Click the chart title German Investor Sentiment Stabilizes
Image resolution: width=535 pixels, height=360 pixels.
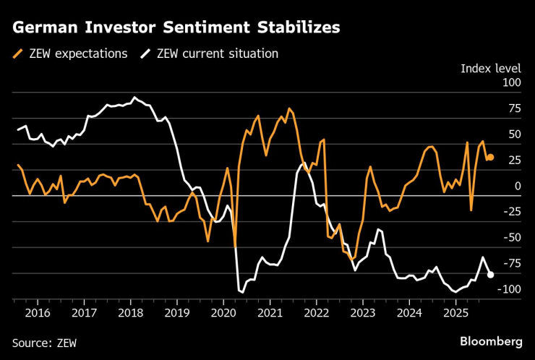tap(176, 27)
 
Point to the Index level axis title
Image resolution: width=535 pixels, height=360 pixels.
tap(491, 69)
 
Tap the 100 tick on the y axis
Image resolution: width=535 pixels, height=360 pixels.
tap(511, 83)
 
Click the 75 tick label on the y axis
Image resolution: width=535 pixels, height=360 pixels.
tap(513, 109)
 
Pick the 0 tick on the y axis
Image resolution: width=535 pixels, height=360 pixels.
tap(517, 187)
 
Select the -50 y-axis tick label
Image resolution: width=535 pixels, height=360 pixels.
tap(511, 238)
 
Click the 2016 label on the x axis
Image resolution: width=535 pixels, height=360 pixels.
tap(38, 313)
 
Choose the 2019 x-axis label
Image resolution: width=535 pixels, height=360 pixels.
tap(177, 313)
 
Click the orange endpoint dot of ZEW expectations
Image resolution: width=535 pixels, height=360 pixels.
tap(490, 157)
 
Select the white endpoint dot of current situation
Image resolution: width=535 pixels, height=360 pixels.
tap(490, 275)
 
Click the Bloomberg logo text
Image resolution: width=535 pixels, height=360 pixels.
tap(491, 340)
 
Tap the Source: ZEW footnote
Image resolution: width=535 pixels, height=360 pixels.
tap(44, 341)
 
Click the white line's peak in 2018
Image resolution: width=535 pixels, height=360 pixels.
tap(134, 97)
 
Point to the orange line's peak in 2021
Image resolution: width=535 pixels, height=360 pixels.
tap(289, 108)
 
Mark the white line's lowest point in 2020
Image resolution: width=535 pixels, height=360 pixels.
tap(241, 291)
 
